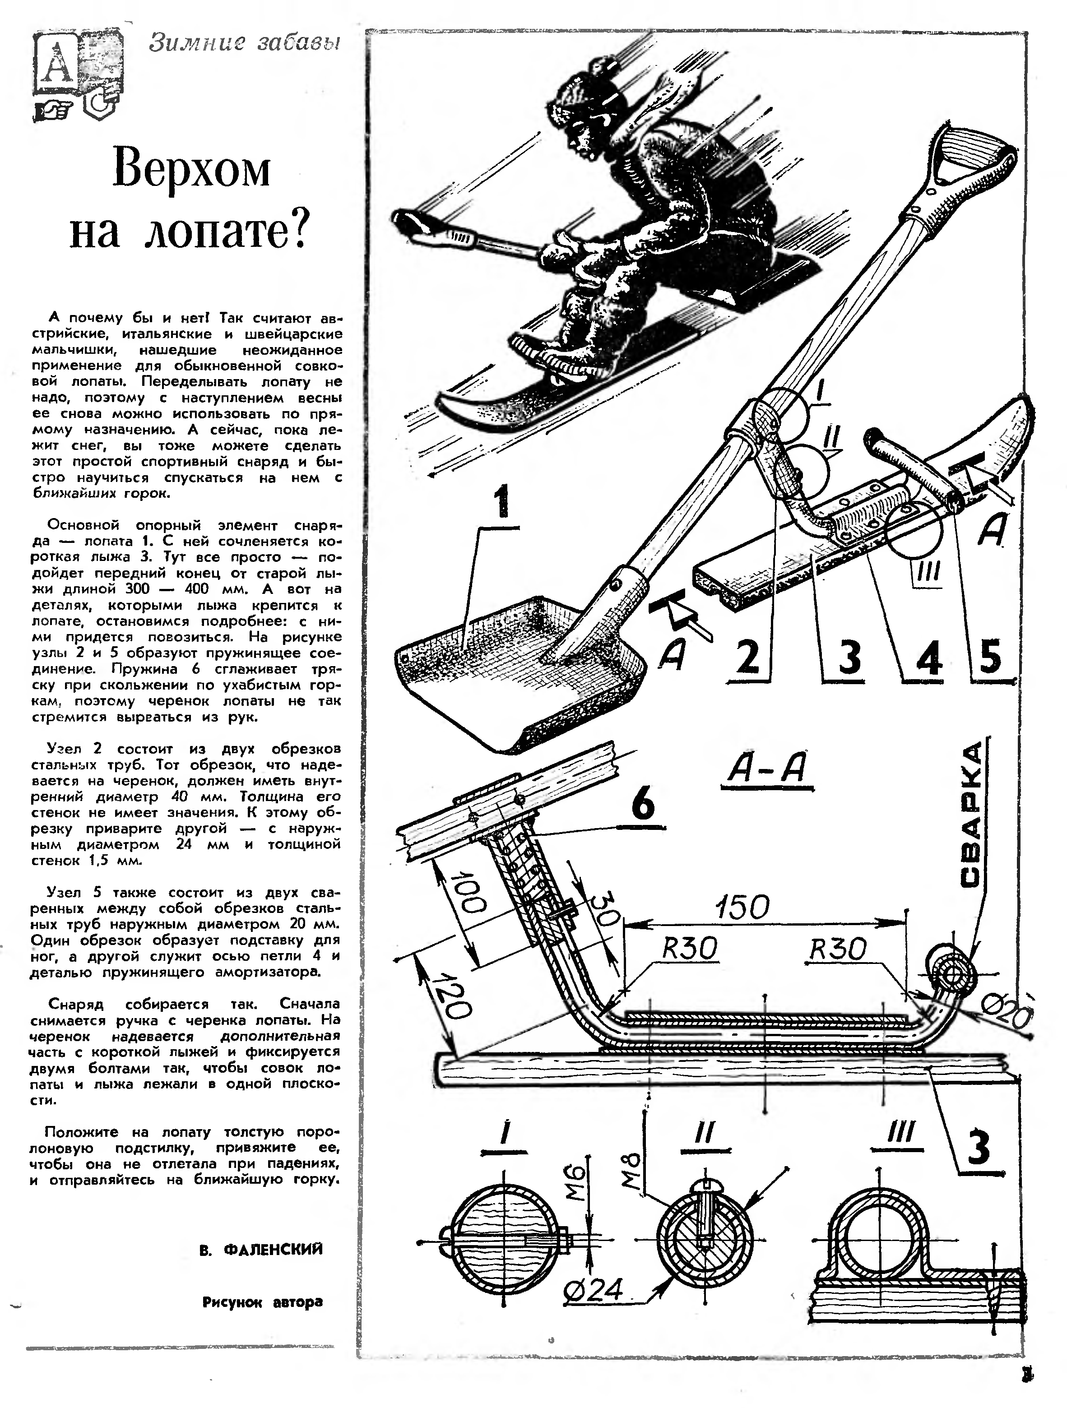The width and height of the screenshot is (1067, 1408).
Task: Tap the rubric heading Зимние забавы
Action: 245,43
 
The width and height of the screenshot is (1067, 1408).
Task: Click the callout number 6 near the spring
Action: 643,804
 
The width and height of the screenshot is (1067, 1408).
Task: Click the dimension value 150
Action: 743,907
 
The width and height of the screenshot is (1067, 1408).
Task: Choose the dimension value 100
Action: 473,894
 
